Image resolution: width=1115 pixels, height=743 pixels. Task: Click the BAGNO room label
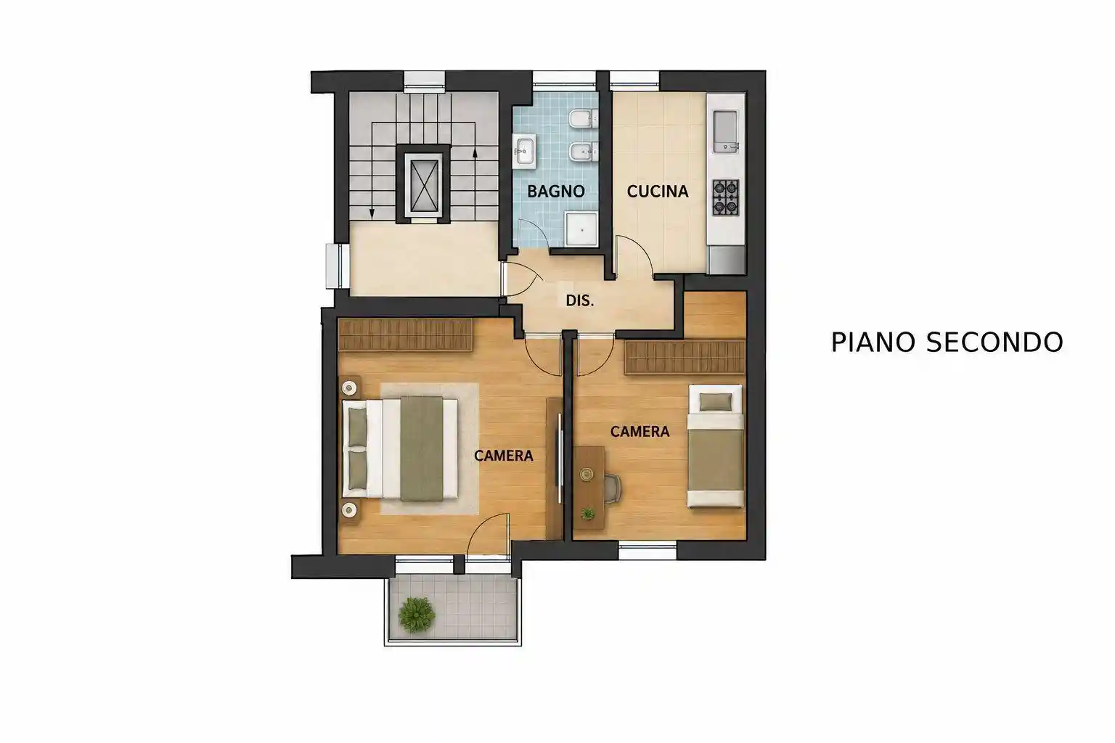coord(555,191)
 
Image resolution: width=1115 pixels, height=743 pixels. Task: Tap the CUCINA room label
coord(658,191)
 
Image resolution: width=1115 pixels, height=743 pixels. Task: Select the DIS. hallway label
coord(580,300)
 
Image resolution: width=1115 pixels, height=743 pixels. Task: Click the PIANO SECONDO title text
coord(947,342)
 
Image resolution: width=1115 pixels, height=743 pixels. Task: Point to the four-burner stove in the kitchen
coord(726,197)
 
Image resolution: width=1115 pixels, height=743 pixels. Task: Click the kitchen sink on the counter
coord(726,131)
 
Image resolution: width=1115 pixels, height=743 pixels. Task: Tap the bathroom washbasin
coord(523,152)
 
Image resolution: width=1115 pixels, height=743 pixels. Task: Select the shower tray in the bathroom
coord(581,229)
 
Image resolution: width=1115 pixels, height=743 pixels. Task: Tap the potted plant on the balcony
coord(417,615)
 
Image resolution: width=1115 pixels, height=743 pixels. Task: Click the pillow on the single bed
coord(716,401)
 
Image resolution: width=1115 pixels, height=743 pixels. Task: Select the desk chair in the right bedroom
coord(613,488)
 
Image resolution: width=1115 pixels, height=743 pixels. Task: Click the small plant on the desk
coord(588,514)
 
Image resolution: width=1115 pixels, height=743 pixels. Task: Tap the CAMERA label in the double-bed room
coord(504,456)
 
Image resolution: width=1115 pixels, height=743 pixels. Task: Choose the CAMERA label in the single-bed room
coord(640,432)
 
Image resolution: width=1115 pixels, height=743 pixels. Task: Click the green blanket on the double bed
coord(422,448)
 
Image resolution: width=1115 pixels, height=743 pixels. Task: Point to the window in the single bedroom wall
coord(647,550)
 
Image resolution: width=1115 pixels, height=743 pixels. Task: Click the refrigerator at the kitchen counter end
coord(726,260)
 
